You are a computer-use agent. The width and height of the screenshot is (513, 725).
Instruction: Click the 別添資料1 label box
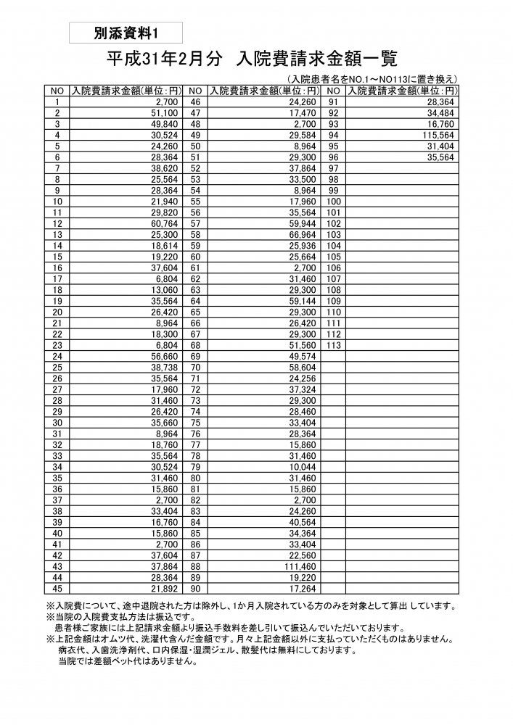coord(126,33)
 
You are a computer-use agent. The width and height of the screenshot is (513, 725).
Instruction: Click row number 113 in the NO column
coord(334,346)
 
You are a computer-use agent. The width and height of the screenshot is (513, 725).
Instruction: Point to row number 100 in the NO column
coord(334,202)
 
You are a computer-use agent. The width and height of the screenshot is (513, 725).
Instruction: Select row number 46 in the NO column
coord(195,103)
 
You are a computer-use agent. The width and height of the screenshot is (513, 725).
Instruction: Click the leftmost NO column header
coord(57,91)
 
